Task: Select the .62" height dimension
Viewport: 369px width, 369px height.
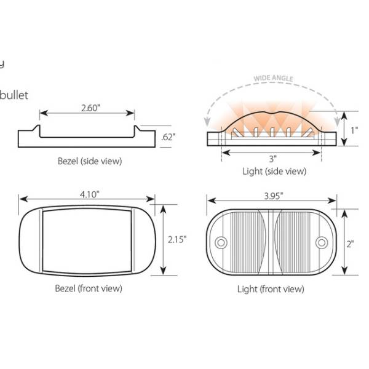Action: pyautogui.click(x=167, y=137)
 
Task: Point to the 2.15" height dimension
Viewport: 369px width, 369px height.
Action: pyautogui.click(x=176, y=239)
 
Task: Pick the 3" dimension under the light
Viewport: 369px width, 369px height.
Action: pyautogui.click(x=271, y=159)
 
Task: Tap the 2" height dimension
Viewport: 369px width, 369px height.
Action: pyautogui.click(x=351, y=244)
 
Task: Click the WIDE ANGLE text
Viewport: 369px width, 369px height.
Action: pyautogui.click(x=274, y=79)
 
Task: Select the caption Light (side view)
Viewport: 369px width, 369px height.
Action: pyautogui.click(x=274, y=172)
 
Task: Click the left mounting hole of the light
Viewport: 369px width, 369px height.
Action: pyautogui.click(x=221, y=242)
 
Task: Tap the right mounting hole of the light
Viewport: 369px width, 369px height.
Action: pyautogui.click(x=321, y=242)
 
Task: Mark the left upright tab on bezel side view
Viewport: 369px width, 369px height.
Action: pyautogui.click(x=38, y=130)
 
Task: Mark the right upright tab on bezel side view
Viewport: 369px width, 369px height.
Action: pyautogui.click(x=136, y=130)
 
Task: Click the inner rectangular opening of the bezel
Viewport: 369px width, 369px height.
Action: pyautogui.click(x=87, y=240)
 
